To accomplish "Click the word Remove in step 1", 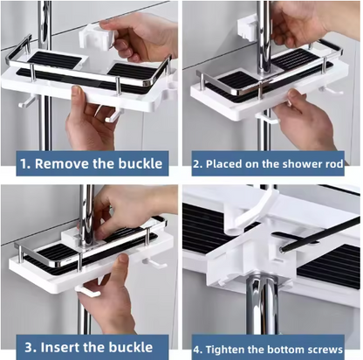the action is tap(62, 163).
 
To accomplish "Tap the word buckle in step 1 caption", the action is tap(140, 163).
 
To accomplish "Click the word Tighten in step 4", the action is tap(223, 350).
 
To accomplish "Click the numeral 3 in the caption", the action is tap(29, 348).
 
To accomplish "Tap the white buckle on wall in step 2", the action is tap(248, 27).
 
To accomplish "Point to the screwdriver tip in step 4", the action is tap(282, 249).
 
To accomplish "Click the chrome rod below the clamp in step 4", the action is tap(263, 306).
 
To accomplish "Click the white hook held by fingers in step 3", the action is tap(87, 291).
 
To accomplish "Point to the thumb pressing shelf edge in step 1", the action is tap(76, 93).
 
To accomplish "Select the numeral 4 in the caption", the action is tap(197, 350).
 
